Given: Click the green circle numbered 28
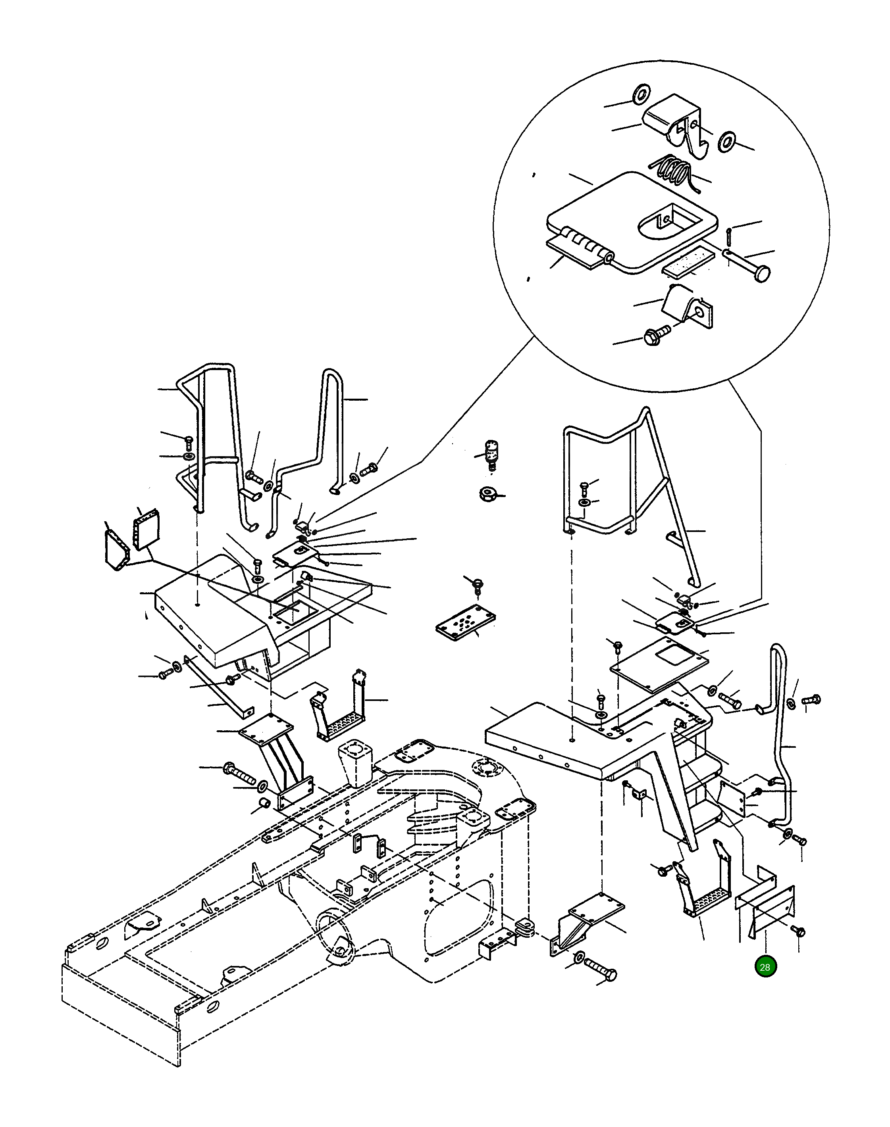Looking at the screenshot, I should (x=765, y=967).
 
